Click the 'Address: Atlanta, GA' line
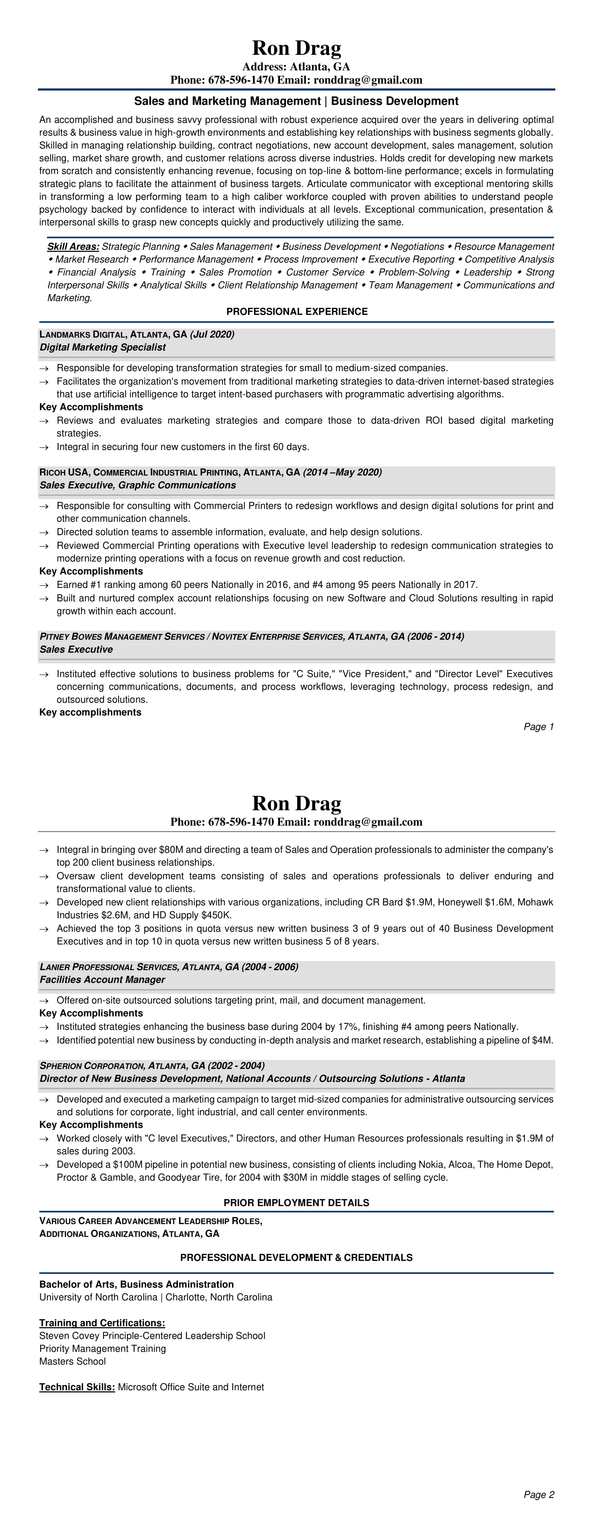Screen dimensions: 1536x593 click(296, 67)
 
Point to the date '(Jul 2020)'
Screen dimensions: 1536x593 click(212, 334)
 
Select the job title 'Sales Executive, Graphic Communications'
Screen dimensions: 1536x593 click(138, 485)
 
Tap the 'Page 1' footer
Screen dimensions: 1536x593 click(539, 727)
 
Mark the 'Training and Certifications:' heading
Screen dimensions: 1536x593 click(102, 1323)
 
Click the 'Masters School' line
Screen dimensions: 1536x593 click(73, 1361)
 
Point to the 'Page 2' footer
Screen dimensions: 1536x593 click(539, 1494)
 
